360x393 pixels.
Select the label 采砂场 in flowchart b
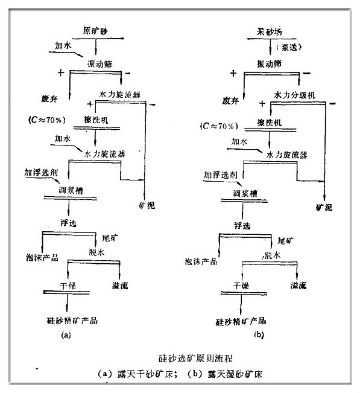click(267, 30)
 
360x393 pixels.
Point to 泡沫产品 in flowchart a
click(42, 257)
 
